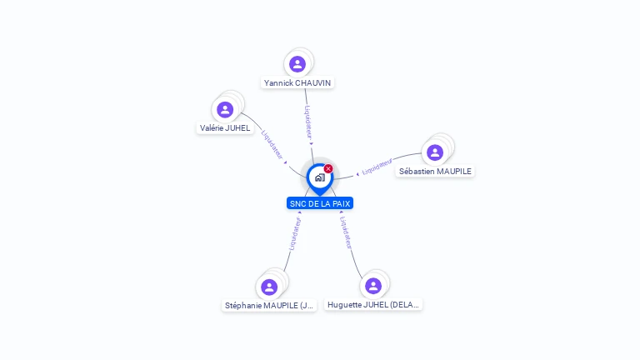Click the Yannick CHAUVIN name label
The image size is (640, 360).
click(x=297, y=82)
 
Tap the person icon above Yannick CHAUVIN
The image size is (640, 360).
click(x=297, y=64)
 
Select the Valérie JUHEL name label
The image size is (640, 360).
click(x=225, y=128)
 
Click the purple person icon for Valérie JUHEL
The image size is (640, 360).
click(x=225, y=109)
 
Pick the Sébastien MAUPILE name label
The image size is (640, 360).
click(x=435, y=171)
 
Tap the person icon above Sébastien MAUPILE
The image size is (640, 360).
click(x=435, y=152)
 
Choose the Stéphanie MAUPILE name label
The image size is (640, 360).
click(x=269, y=305)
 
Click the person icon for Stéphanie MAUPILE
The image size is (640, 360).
click(x=269, y=287)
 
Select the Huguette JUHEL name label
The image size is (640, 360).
click(x=373, y=305)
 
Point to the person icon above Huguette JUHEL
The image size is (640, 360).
click(x=373, y=286)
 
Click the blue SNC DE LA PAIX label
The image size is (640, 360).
click(x=320, y=203)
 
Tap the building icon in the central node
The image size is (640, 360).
click(x=319, y=177)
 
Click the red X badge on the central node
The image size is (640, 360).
click(x=328, y=169)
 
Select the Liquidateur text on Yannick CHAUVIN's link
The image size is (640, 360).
click(x=307, y=122)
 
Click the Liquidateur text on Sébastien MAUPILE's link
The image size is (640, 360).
click(x=377, y=165)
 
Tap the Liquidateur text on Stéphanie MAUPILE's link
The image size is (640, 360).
click(x=293, y=234)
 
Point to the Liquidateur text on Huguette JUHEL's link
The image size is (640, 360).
click(x=347, y=232)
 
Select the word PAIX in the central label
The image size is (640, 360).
click(x=341, y=203)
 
